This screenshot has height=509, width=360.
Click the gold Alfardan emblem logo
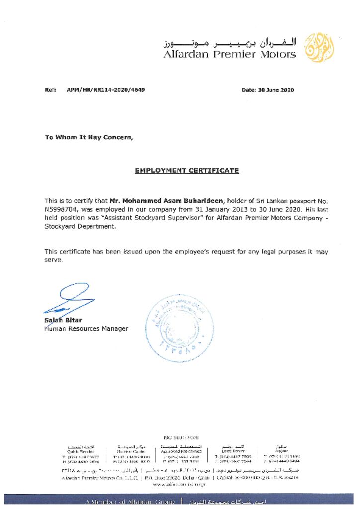[319, 48]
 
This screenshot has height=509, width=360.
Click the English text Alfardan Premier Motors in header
[229, 55]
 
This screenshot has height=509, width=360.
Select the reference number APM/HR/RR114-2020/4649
[106, 90]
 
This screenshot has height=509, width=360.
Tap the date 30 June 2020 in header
[275, 90]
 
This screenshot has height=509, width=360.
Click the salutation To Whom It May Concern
[89, 137]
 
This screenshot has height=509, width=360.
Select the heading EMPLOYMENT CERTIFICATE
[186, 170]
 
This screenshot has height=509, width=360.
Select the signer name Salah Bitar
[63, 320]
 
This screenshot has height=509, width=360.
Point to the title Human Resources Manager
[86, 329]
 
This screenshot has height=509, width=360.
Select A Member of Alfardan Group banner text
[129, 502]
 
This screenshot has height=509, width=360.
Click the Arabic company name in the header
[229, 41]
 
